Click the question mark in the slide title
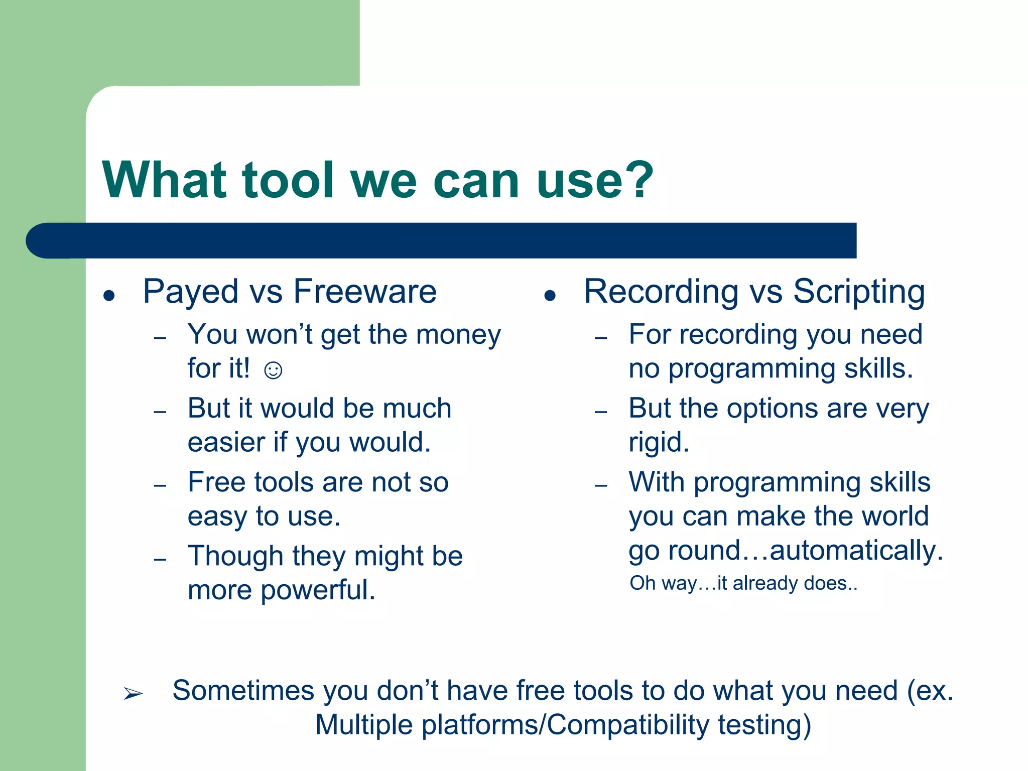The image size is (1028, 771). [x=636, y=179]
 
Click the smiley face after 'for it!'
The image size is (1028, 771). [x=273, y=370]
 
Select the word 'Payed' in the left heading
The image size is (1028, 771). [x=190, y=292]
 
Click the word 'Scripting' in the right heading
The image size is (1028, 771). [x=859, y=292]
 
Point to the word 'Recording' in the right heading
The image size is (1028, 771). [x=661, y=292]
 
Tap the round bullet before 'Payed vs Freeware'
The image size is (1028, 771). [x=109, y=296]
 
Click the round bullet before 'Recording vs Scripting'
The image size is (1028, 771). [x=550, y=296]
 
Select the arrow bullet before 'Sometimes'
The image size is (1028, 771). [x=133, y=694]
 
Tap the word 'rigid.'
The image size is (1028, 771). [x=659, y=442]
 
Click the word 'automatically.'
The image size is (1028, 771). [x=856, y=550]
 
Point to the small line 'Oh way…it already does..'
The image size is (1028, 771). [x=743, y=583]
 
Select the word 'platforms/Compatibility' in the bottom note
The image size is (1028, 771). [x=565, y=725]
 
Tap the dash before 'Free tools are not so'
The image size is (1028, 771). [x=160, y=485]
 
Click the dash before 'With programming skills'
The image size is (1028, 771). [x=601, y=485]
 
